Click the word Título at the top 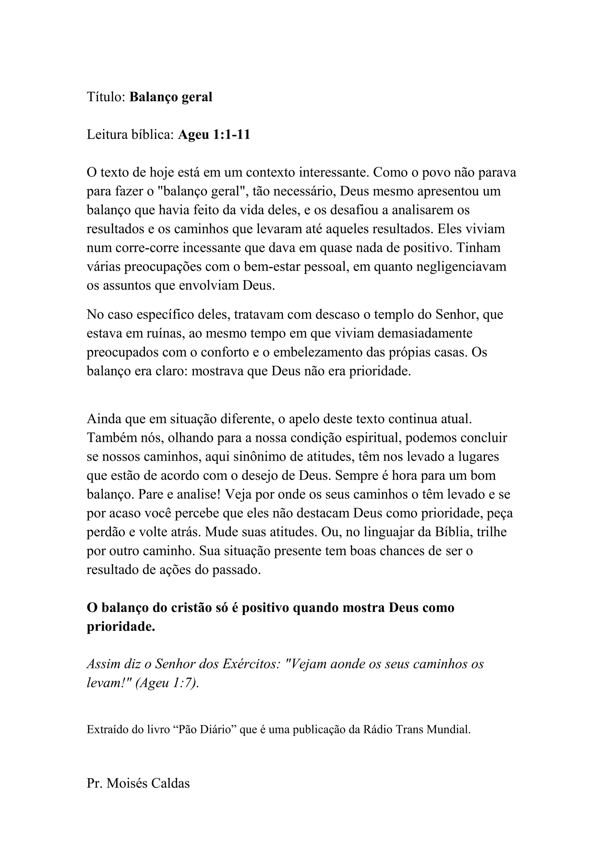click(105, 97)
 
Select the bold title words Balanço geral click(171, 97)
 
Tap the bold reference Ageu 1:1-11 click(214, 135)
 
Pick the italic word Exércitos click(251, 664)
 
